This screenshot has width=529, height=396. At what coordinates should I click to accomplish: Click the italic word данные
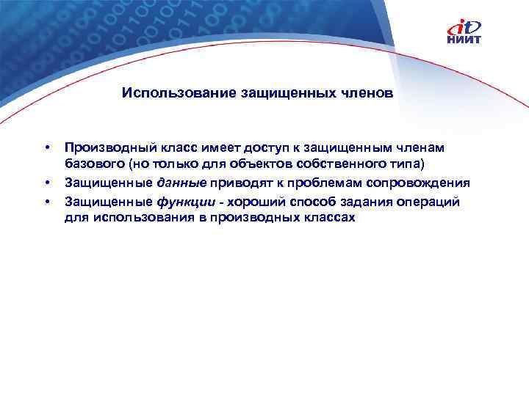click(x=180, y=183)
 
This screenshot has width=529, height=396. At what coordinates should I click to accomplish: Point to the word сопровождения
click(x=411, y=183)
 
